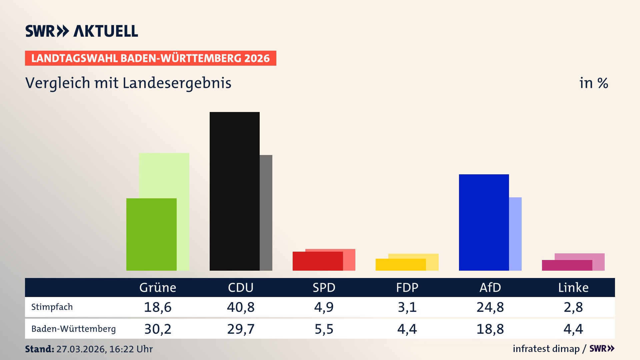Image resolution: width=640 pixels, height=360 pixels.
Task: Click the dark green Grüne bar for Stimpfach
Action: pyautogui.click(x=151, y=234)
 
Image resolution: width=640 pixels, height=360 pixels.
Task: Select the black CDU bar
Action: pyautogui.click(x=234, y=191)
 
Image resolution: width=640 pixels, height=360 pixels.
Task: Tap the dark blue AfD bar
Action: pyautogui.click(x=484, y=222)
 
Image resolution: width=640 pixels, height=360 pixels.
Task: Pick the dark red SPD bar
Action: pyautogui.click(x=317, y=261)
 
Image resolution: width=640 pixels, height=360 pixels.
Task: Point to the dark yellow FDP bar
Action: pyautogui.click(x=400, y=265)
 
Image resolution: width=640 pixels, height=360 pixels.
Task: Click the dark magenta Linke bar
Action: pyautogui.click(x=567, y=265)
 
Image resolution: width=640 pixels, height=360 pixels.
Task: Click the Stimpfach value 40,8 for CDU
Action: pyautogui.click(x=241, y=307)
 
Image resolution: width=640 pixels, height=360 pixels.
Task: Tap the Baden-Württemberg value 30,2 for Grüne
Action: pyautogui.click(x=158, y=329)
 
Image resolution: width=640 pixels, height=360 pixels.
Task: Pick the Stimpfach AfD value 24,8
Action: pyautogui.click(x=490, y=307)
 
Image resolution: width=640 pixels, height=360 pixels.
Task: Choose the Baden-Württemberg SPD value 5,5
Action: pyautogui.click(x=324, y=329)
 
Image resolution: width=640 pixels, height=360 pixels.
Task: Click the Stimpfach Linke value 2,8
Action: pyautogui.click(x=573, y=307)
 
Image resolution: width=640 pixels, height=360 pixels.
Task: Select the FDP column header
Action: pyautogui.click(x=407, y=287)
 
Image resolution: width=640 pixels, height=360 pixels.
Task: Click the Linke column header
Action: pyautogui.click(x=573, y=287)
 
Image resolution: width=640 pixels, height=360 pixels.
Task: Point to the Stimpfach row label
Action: pyautogui.click(x=52, y=307)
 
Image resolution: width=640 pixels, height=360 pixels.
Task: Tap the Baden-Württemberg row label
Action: pyautogui.click(x=73, y=329)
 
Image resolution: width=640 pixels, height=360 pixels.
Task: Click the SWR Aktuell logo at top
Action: pyautogui.click(x=82, y=31)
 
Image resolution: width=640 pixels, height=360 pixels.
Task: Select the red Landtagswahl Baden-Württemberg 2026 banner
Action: pyautogui.click(x=150, y=58)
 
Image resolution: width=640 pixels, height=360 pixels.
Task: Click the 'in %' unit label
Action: pyautogui.click(x=593, y=83)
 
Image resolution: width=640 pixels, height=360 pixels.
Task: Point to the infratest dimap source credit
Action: pyautogui.click(x=546, y=349)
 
